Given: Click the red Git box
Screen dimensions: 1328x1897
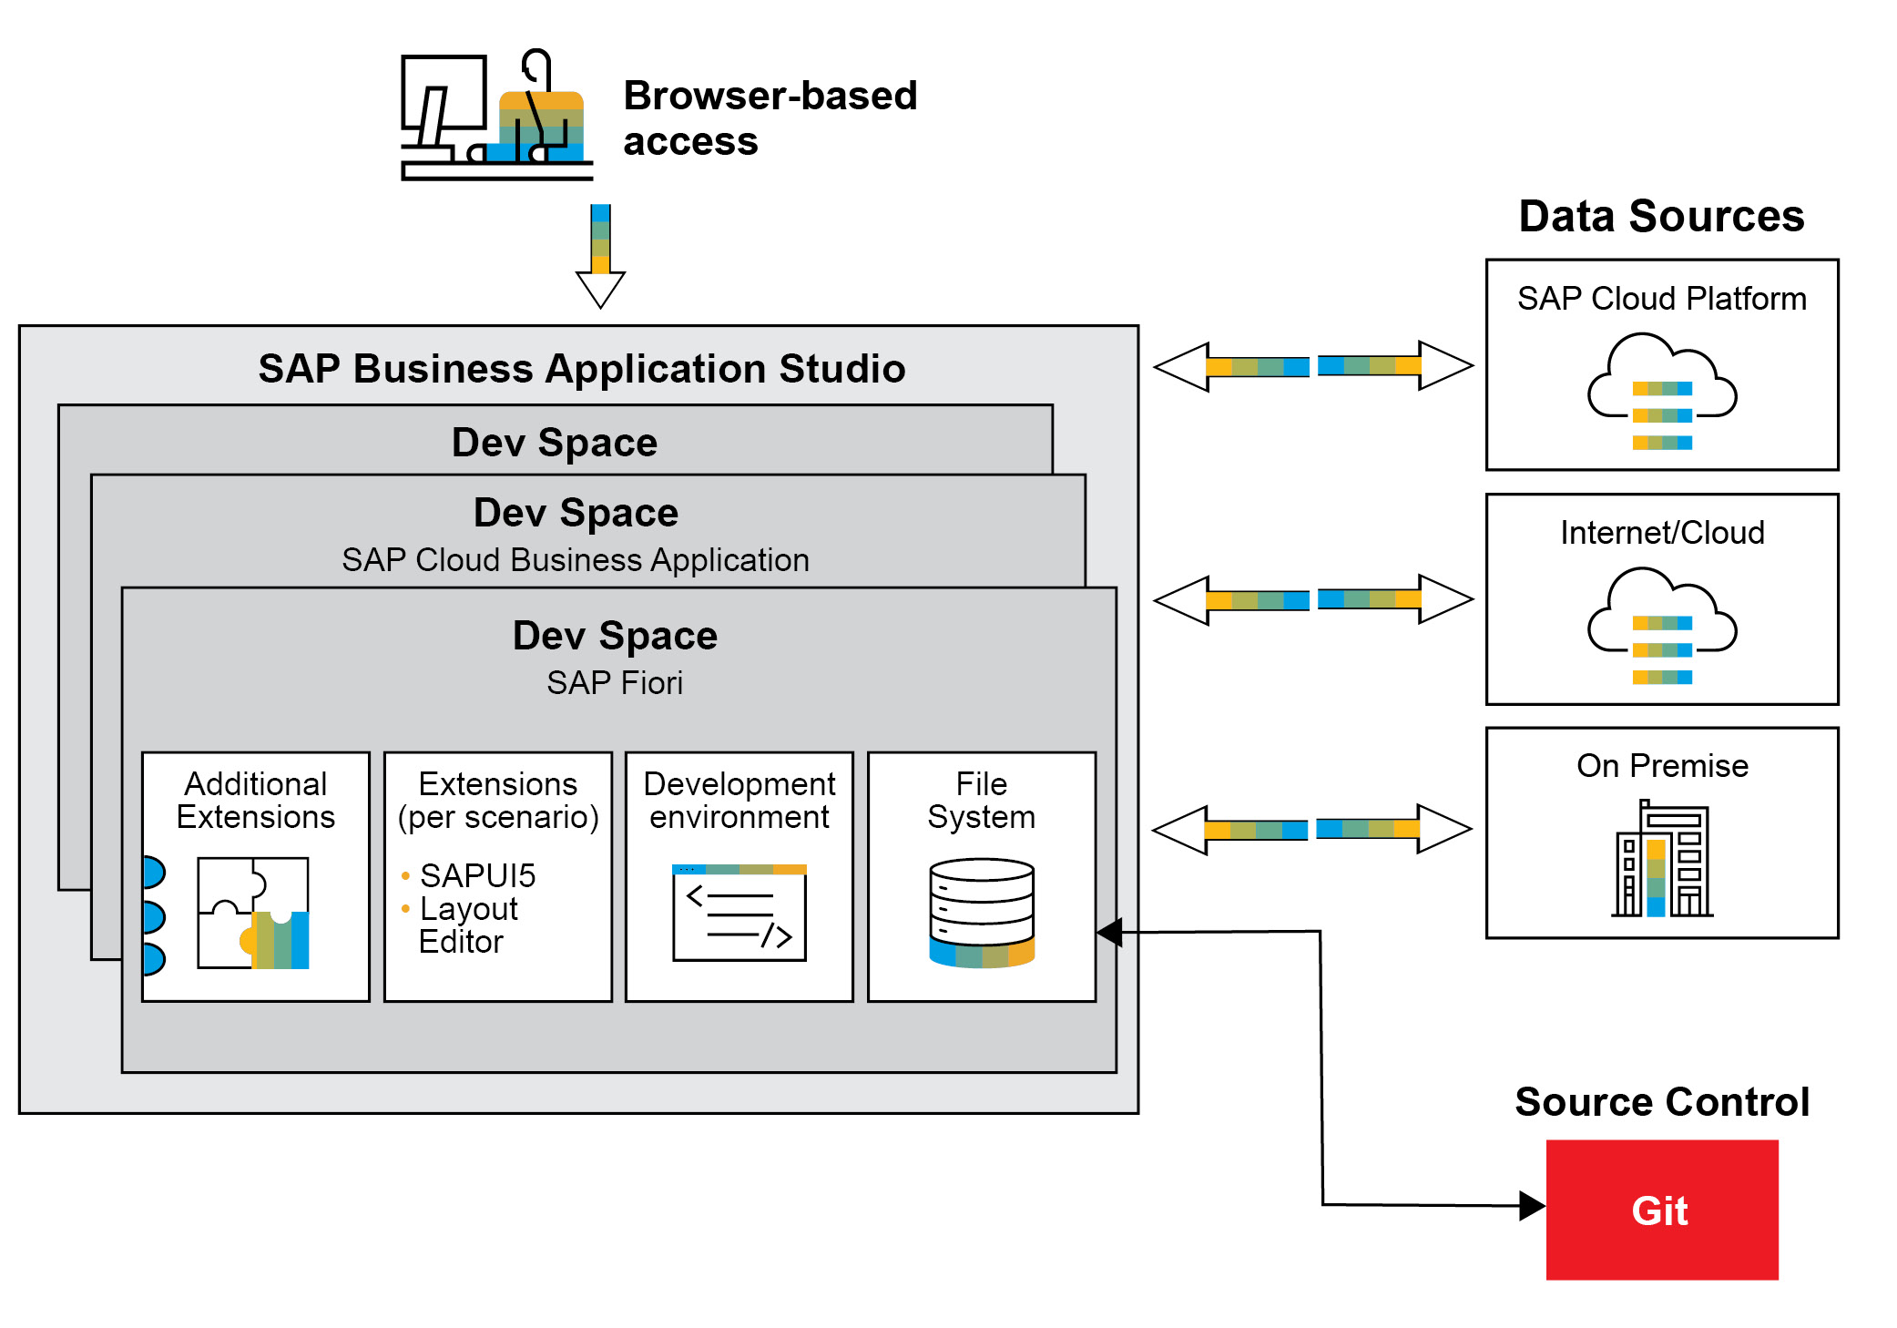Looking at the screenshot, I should pyautogui.click(x=1661, y=1210).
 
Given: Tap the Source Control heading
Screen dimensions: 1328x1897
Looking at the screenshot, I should pyautogui.click(x=1661, y=1101).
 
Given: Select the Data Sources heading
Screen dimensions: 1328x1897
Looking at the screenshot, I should pyautogui.click(x=1661, y=217).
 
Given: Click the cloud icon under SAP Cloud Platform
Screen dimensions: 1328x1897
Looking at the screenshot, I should pyautogui.click(x=1661, y=390).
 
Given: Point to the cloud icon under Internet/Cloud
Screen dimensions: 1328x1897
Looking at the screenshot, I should pyautogui.click(x=1661, y=624).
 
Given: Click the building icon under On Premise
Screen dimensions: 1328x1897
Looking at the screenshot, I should pyautogui.click(x=1661, y=860).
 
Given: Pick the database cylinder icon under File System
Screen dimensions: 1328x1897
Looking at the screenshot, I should pyautogui.click(x=981, y=912).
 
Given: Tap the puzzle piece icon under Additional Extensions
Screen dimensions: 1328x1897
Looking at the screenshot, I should pyautogui.click(x=253, y=913).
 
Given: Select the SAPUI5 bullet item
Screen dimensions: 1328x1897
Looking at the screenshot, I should pyautogui.click(x=477, y=875).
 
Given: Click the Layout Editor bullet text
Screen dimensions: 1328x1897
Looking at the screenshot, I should pyautogui.click(x=467, y=924).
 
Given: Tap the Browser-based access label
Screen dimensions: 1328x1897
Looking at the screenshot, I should pyautogui.click(x=769, y=118).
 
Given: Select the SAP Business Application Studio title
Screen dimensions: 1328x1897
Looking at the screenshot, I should pyautogui.click(x=581, y=369).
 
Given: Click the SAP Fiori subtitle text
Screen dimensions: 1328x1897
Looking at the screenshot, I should pyautogui.click(x=614, y=682).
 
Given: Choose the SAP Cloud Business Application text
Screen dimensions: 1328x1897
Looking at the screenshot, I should pyautogui.click(x=575, y=559).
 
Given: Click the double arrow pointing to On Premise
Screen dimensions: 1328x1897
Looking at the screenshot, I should pyautogui.click(x=1311, y=829).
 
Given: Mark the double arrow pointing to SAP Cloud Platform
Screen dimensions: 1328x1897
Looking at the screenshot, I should pyautogui.click(x=1312, y=366).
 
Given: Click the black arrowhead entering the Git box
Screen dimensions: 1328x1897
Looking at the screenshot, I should pyautogui.click(x=1532, y=1205).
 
